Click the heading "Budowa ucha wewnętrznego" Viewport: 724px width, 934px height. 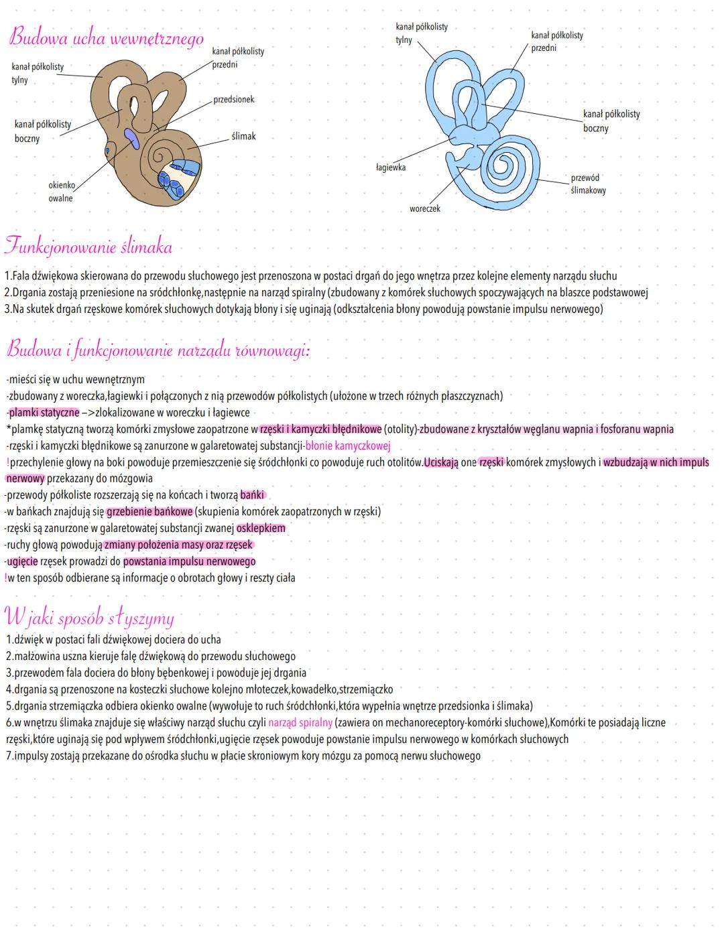click(x=106, y=38)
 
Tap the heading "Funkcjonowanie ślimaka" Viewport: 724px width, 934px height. click(x=88, y=247)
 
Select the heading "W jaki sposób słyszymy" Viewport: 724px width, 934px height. click(x=89, y=616)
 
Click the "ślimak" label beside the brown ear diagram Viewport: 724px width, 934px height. click(x=243, y=136)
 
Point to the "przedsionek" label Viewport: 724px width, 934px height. click(x=234, y=100)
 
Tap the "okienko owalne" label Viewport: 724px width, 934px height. click(x=61, y=192)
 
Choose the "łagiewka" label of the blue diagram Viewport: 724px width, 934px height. click(x=390, y=168)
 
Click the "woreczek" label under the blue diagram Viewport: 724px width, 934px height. click(x=425, y=209)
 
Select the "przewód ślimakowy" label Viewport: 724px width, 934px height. click(x=588, y=184)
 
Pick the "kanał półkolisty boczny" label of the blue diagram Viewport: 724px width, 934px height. click(x=611, y=121)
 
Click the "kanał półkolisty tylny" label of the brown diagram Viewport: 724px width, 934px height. click(x=38, y=73)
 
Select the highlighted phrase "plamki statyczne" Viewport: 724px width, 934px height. click(x=44, y=413)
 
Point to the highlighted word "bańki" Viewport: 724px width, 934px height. click(x=252, y=495)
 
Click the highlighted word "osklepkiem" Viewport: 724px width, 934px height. click(x=261, y=528)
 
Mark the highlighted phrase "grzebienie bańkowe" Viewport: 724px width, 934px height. click(x=149, y=512)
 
